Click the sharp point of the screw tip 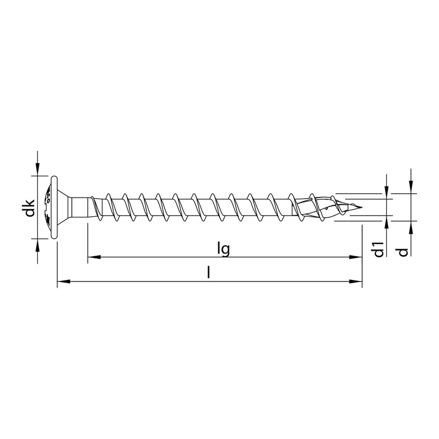(363, 207)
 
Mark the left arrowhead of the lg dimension (93, 256)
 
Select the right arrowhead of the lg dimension (357, 256)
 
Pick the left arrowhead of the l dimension (63, 282)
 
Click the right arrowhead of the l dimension (357, 282)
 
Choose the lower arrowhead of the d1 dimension (387, 221)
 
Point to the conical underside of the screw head (65, 207)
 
